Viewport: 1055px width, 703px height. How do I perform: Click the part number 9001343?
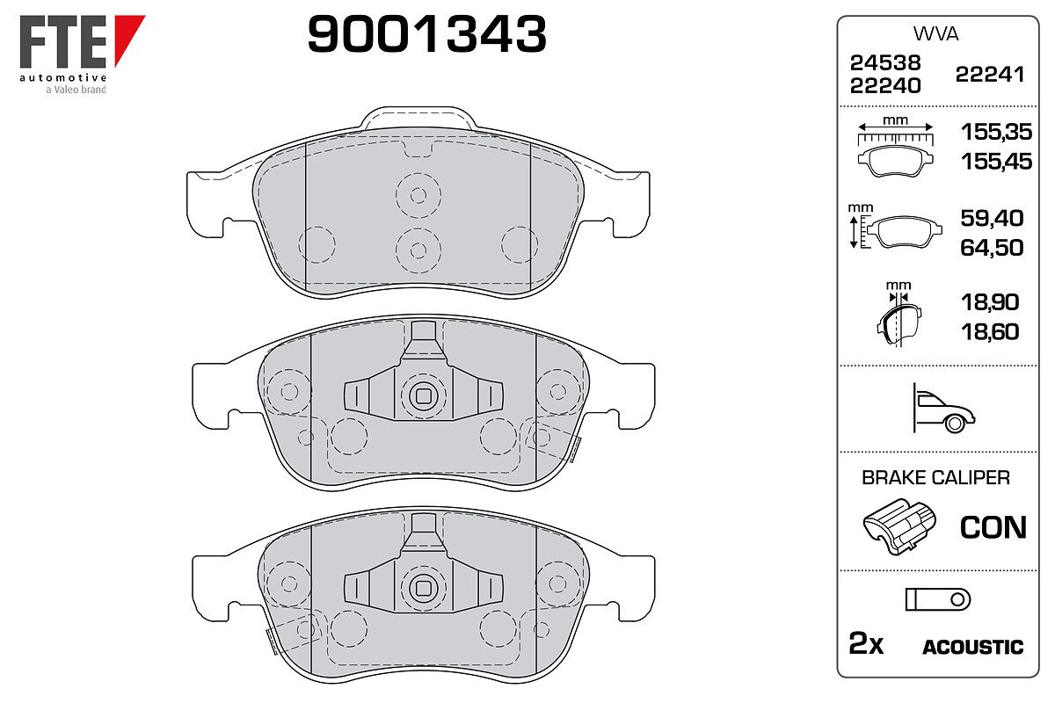[x=426, y=33]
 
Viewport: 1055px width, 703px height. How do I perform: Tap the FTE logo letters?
[x=63, y=42]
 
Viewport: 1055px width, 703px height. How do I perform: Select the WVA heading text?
[x=935, y=34]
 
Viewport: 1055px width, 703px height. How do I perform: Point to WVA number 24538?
[x=885, y=62]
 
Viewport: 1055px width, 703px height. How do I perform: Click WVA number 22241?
[x=990, y=75]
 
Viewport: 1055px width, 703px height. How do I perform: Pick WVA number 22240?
[x=885, y=86]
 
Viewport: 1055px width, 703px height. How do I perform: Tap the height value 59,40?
[x=992, y=218]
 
